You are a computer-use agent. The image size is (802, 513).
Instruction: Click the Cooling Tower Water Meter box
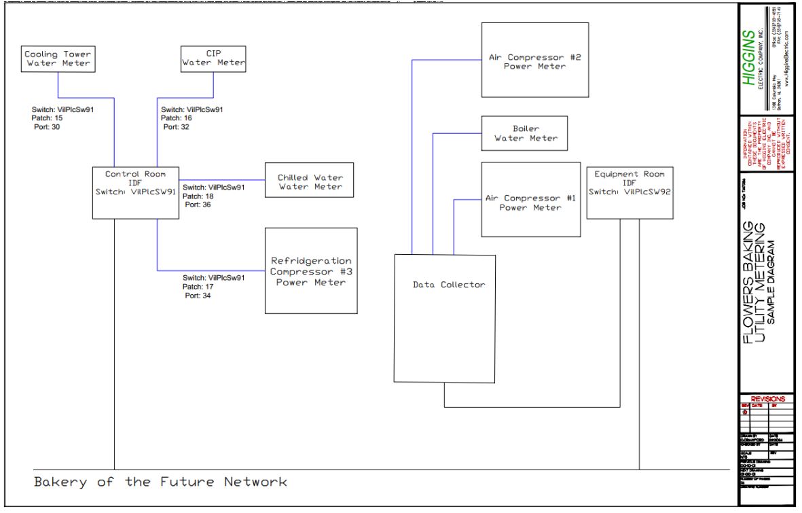coord(58,58)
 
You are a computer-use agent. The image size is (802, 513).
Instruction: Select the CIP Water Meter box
coord(213,58)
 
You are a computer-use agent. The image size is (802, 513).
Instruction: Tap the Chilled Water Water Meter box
coord(309,181)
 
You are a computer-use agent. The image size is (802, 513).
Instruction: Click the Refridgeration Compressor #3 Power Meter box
coord(311,270)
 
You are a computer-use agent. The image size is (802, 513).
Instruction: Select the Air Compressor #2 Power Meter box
coord(534,61)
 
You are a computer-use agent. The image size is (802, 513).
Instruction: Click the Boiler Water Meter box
coord(524,132)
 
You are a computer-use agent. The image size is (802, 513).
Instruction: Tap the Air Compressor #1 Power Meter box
coord(530,199)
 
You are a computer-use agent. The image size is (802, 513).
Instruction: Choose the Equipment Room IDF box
coord(629,192)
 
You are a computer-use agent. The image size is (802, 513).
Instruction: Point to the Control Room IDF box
coord(135,192)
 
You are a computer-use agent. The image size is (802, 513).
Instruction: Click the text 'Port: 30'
coord(47,127)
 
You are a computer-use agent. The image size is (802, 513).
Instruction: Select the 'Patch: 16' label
coord(175,118)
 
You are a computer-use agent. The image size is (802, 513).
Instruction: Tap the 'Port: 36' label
coord(198,205)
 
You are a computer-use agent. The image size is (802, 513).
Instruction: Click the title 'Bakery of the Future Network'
coord(161,482)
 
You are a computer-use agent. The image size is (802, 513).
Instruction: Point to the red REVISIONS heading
coord(767,399)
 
